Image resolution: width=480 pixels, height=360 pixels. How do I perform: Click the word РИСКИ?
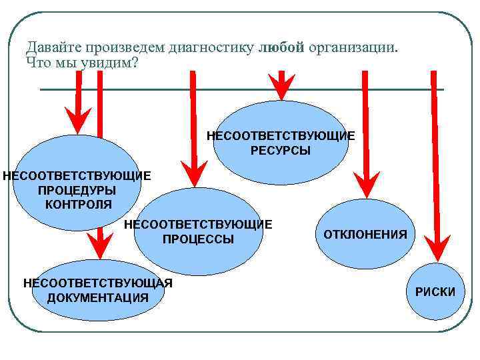pos(435,292)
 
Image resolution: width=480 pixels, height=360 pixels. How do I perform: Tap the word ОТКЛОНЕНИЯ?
pos(365,235)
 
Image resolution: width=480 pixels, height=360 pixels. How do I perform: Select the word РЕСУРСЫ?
pos(281,151)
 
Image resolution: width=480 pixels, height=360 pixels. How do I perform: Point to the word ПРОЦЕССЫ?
pos(199,239)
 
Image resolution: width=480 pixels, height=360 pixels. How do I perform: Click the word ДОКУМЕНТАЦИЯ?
pos(98,298)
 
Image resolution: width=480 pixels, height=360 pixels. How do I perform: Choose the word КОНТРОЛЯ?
pos(79,204)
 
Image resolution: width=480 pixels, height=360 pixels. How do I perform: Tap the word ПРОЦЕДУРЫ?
pos(77,190)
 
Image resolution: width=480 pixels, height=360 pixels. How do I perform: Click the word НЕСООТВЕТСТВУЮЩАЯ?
pos(98,283)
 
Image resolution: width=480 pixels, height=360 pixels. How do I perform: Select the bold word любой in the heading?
pos(281,47)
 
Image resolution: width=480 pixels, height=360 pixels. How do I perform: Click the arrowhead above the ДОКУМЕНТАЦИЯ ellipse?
pos(99,245)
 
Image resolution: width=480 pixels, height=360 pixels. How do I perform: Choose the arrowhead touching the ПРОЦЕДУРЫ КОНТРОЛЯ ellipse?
pos(79,121)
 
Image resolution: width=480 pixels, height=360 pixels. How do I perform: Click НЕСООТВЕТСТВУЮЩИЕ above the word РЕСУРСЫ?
pos(281,136)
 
